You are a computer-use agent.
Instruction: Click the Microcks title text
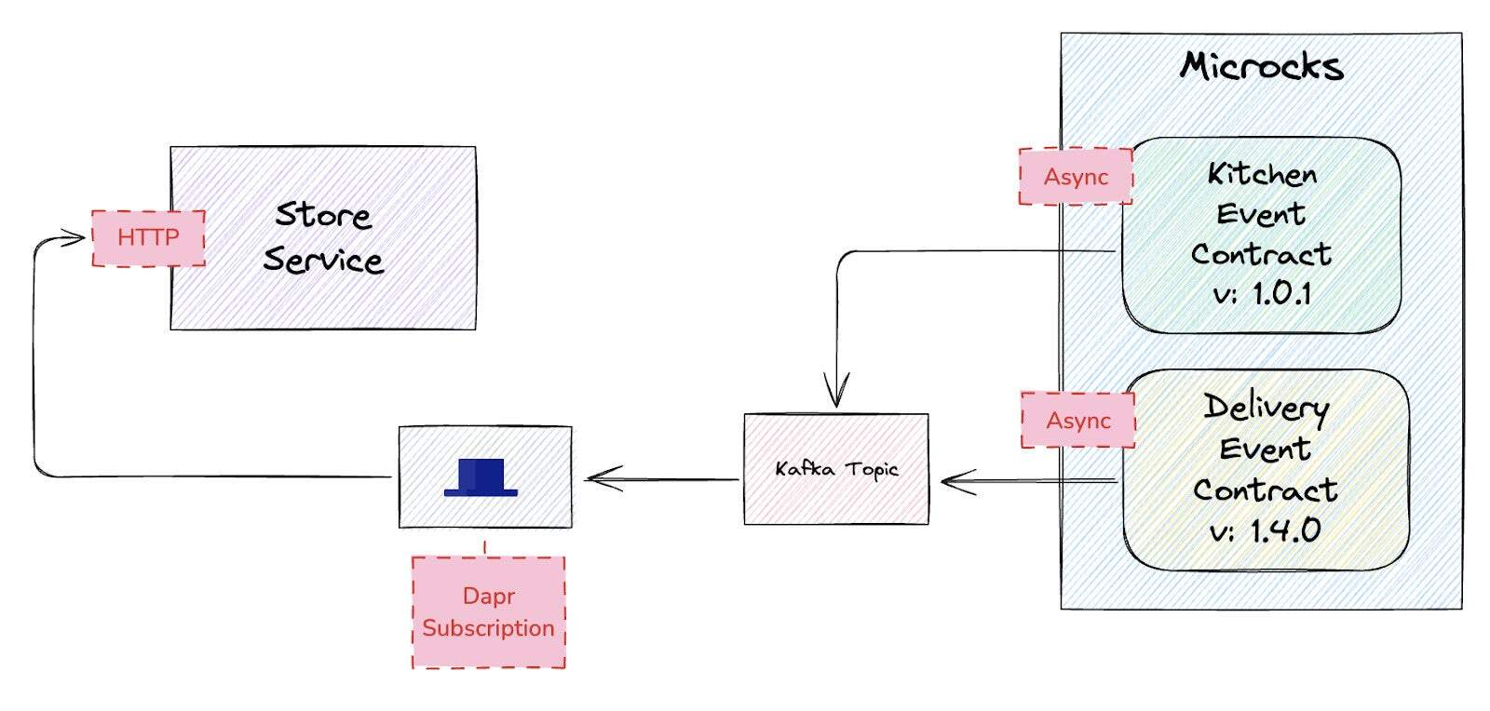tap(1262, 66)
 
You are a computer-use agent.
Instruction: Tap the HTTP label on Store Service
tap(148, 238)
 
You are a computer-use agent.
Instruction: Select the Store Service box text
tap(323, 237)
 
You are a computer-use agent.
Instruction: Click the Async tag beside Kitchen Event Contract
tap(1076, 177)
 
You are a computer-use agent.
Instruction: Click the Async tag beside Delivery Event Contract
tap(1078, 421)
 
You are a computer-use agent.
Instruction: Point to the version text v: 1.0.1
tap(1262, 294)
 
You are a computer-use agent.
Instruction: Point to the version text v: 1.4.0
tap(1266, 530)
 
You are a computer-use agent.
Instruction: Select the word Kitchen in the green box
tap(1262, 174)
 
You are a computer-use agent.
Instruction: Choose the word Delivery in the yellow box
tap(1266, 407)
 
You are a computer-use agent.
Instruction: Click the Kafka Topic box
tap(836, 469)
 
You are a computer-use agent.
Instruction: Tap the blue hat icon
tap(481, 476)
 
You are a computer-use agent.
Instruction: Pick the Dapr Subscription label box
tap(488, 611)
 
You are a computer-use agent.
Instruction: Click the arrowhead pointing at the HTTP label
tap(74, 238)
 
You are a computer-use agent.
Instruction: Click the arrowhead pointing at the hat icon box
tap(603, 479)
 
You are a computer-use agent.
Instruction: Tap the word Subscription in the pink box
tap(488, 628)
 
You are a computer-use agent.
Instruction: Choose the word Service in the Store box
tap(323, 260)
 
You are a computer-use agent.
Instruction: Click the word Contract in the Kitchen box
tap(1262, 254)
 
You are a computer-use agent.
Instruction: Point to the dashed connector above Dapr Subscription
tap(485, 547)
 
